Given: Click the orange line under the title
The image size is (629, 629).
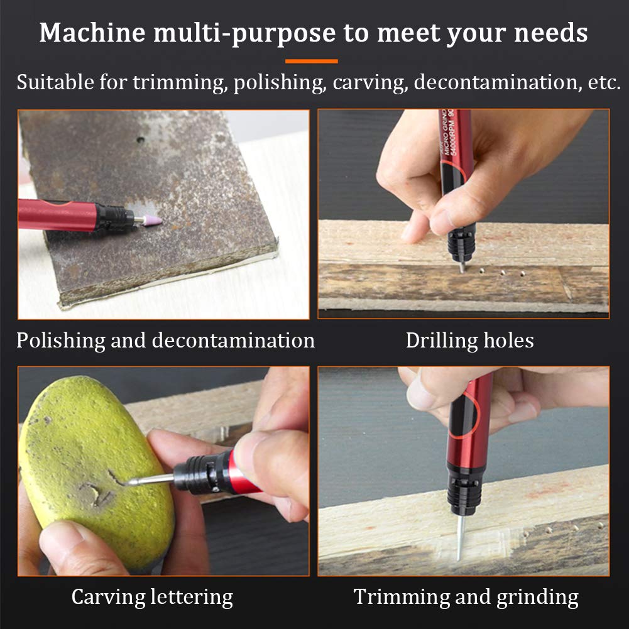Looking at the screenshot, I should pos(311,61).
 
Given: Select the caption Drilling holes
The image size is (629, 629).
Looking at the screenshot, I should pos(469,341).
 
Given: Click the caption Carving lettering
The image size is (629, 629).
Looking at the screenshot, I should pos(152,596).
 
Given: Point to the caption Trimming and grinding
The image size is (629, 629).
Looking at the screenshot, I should pos(466,596).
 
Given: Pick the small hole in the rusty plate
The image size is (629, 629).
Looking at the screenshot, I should pos(140,139).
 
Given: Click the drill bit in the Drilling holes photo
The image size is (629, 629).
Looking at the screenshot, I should pos(461,266).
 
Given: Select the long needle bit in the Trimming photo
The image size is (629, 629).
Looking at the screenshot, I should pos(459,537).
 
